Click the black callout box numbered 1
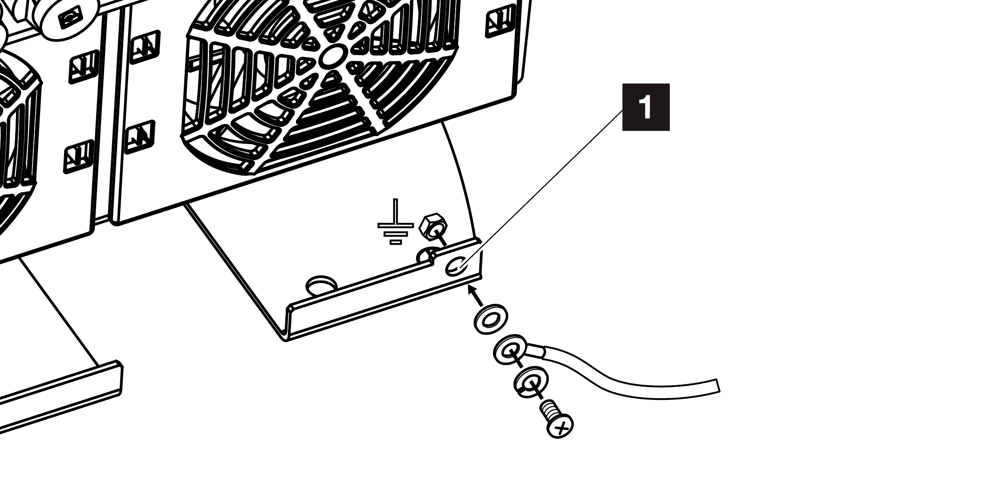coord(646,107)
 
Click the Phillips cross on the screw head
coord(561,427)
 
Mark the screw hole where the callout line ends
coord(455,266)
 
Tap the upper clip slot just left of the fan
coord(142,46)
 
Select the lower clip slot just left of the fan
coord(140,136)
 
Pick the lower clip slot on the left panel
coord(78,157)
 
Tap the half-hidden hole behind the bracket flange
coord(425,256)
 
